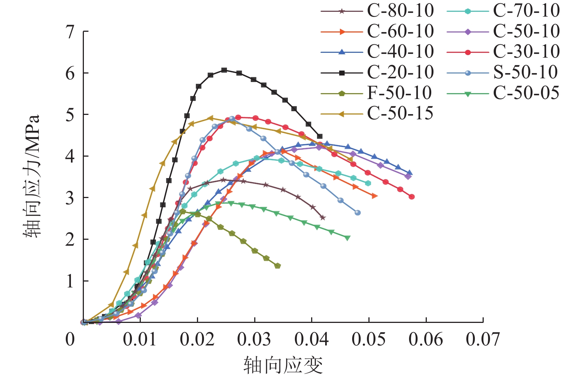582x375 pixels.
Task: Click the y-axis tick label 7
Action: [x=70, y=32]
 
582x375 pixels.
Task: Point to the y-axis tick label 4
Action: [x=70, y=156]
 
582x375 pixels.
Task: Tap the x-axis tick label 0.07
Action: [x=483, y=339]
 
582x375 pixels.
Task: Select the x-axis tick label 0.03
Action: [x=254, y=339]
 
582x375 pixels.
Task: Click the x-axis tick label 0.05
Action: [x=368, y=339]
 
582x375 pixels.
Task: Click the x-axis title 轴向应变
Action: [x=283, y=365]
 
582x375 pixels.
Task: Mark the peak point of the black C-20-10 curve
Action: [x=224, y=70]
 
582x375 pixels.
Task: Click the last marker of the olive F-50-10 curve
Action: [x=278, y=266]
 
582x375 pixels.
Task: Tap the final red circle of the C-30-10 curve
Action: [x=412, y=197]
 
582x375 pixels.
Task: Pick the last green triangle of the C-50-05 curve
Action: [x=347, y=238]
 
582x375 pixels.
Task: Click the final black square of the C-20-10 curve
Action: [x=320, y=136]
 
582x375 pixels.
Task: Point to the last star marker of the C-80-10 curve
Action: [x=323, y=218]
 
